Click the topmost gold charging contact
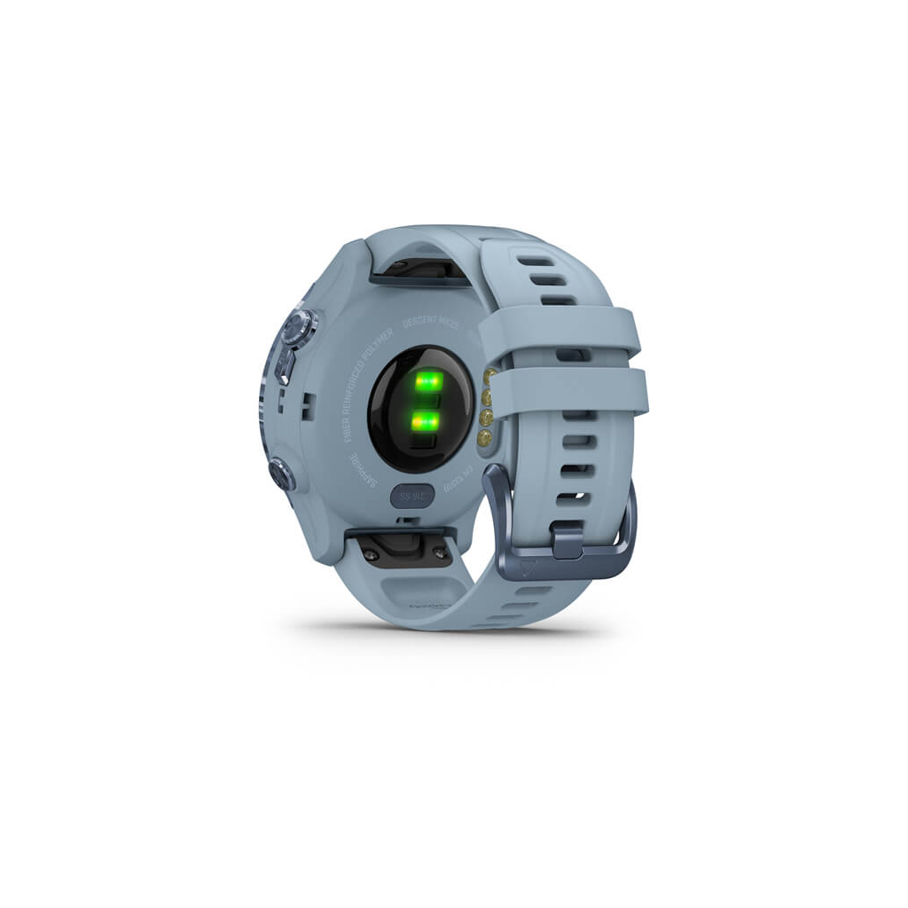(x=487, y=379)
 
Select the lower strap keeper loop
(x=567, y=390)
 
